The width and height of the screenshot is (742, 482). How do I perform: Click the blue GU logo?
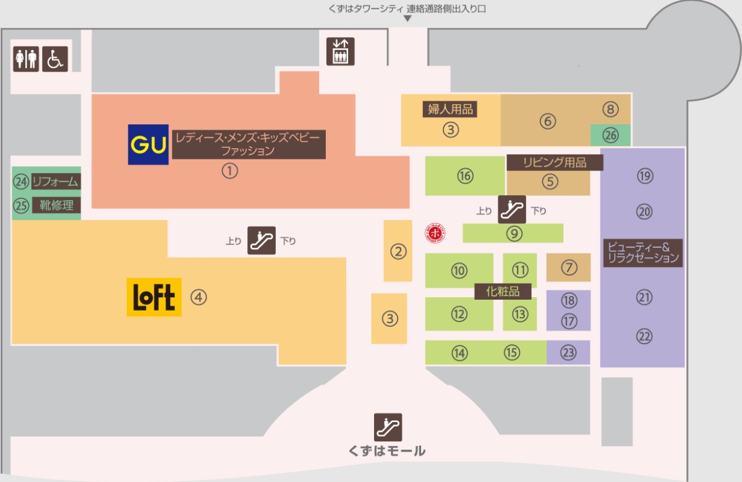pos(148,145)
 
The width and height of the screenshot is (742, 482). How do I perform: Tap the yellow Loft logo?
pos(154,297)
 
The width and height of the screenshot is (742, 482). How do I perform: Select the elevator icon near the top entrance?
pos(340,51)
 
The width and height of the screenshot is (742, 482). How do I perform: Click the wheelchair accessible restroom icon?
pos(55,59)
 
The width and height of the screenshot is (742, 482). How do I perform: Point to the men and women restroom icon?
pos(26,59)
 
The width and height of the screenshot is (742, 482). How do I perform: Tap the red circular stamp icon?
pos(435,233)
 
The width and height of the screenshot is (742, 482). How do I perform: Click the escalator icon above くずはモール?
pos(388,427)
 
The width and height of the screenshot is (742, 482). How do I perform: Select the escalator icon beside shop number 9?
pos(512,209)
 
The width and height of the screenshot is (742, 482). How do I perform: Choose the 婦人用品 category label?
pos(450,109)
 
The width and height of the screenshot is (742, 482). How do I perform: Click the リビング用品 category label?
pos(555,163)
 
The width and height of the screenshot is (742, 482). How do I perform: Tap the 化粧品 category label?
pos(503,291)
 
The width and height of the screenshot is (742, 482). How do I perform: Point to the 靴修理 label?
pos(56,205)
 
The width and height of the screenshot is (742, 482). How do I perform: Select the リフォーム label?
pos(56,182)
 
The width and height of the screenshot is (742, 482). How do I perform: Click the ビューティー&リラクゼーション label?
pos(643,253)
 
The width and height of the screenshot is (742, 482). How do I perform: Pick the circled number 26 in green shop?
pos(610,135)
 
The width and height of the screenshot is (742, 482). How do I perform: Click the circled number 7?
pos(569,267)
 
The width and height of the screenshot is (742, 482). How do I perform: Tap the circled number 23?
pos(568,353)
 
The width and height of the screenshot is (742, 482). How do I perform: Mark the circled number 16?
pos(465,175)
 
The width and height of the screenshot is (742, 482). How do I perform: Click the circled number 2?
pos(398,252)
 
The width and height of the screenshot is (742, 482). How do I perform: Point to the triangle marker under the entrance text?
pos(407,19)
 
